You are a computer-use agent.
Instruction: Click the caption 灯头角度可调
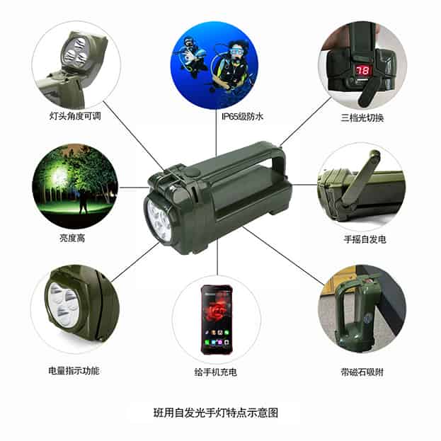(x=75, y=115)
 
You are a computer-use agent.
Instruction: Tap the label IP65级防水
(x=242, y=116)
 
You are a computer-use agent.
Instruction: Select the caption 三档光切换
(x=362, y=118)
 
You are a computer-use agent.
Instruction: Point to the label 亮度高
(x=72, y=239)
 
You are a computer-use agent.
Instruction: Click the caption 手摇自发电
(x=365, y=239)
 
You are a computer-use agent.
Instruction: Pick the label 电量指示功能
(x=74, y=371)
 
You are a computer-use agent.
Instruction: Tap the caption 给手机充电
(x=216, y=372)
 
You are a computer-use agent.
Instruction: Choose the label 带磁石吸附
(x=362, y=372)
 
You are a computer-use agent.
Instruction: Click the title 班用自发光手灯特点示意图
(x=216, y=413)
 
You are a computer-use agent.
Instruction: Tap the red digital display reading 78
(x=363, y=70)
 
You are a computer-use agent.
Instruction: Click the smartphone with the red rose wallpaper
(x=217, y=319)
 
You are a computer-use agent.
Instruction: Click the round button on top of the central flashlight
(x=193, y=173)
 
